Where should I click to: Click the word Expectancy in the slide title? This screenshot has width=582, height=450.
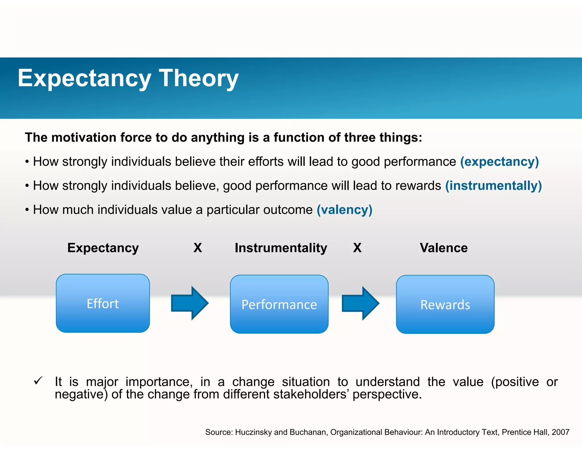(84, 79)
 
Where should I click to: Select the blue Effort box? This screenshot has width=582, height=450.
(103, 303)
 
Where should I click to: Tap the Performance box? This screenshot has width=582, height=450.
(279, 304)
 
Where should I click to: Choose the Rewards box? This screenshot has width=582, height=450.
(445, 304)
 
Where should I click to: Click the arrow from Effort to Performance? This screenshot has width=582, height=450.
(190, 303)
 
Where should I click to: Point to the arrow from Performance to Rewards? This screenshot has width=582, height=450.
(360, 304)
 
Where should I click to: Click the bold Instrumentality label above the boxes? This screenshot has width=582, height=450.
(281, 248)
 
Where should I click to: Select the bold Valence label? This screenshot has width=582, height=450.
(444, 248)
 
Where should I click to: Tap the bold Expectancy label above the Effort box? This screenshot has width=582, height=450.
(103, 248)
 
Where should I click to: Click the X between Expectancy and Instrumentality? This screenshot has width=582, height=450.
(198, 248)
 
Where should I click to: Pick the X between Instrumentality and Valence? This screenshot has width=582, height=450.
(357, 248)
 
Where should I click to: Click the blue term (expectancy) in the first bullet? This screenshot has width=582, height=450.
(499, 162)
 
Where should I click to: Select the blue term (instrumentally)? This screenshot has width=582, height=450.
(493, 186)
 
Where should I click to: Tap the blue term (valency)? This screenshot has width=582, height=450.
(344, 210)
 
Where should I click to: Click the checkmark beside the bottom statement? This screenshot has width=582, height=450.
(38, 381)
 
